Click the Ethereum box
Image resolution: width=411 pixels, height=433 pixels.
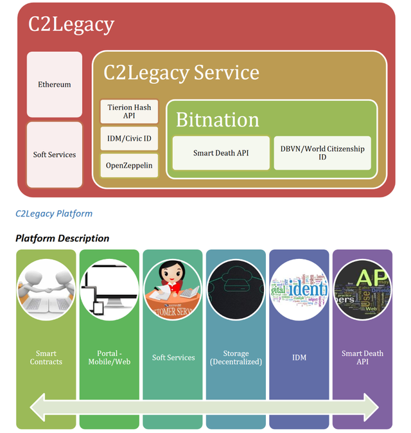(x=55, y=85)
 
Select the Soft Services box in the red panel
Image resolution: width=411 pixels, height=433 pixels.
(x=55, y=155)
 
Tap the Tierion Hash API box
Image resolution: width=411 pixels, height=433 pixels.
(x=129, y=112)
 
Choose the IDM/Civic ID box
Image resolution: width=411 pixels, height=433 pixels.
(x=129, y=139)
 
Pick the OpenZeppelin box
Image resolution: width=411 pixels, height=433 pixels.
(x=129, y=166)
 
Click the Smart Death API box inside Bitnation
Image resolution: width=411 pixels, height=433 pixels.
(x=221, y=154)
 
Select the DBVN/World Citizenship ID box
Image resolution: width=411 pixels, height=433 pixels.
(x=322, y=153)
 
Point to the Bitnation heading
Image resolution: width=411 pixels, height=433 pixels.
(x=218, y=119)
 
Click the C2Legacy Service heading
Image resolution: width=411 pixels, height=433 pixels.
(x=182, y=72)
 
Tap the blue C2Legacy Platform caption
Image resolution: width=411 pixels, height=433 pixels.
(x=54, y=213)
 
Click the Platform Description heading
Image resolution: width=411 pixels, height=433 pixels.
(x=62, y=238)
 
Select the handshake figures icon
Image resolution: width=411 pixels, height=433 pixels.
(x=46, y=291)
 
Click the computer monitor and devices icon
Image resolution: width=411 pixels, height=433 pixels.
(x=109, y=291)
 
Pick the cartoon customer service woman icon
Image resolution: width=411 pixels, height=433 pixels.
(x=173, y=291)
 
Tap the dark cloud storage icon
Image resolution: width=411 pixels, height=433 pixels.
(x=236, y=291)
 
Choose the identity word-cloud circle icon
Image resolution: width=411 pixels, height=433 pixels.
(x=299, y=291)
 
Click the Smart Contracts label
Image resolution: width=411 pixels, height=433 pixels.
(x=46, y=358)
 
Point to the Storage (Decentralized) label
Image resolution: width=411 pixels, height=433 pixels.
(x=236, y=358)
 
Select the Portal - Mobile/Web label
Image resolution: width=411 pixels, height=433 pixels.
(x=109, y=358)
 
